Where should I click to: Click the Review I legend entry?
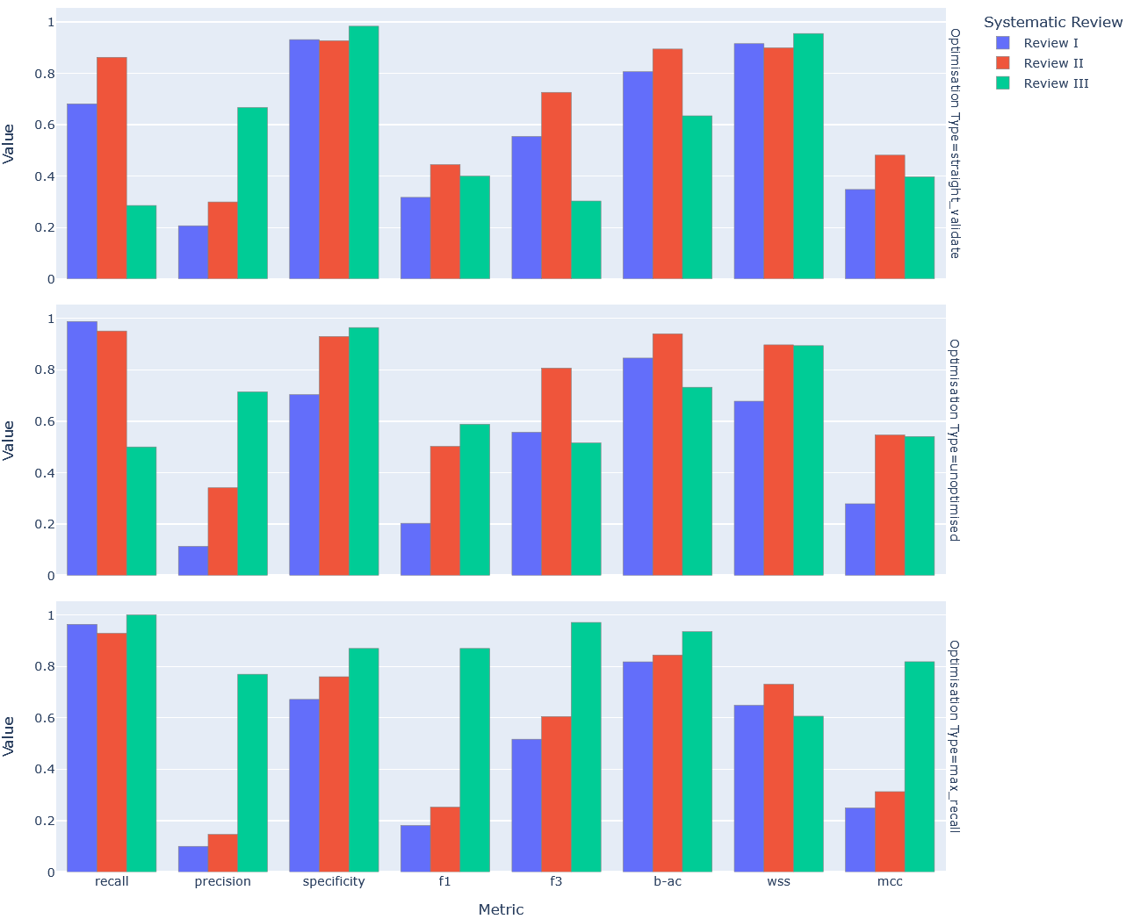click(x=1050, y=43)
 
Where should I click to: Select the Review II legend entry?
click(x=1052, y=63)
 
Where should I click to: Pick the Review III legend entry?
click(x=1055, y=83)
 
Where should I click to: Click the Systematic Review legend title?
click(x=1052, y=22)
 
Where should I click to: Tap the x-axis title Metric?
click(x=501, y=909)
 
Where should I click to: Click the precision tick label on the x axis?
click(x=222, y=881)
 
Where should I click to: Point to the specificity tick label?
click(x=334, y=881)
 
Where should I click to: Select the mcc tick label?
click(x=890, y=881)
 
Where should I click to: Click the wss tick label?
click(x=778, y=881)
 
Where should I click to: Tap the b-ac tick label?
click(x=668, y=881)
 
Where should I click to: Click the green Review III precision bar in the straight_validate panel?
click(x=252, y=193)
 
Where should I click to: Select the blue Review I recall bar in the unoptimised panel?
click(x=82, y=449)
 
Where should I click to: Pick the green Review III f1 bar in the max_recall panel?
click(x=474, y=760)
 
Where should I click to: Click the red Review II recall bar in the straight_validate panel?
click(x=112, y=168)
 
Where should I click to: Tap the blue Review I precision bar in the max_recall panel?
click(x=193, y=859)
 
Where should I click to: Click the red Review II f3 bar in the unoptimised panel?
click(x=556, y=471)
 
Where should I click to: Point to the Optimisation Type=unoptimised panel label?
click(x=954, y=440)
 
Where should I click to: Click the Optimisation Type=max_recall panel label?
click(x=954, y=736)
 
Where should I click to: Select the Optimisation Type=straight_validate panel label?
click(x=954, y=143)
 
